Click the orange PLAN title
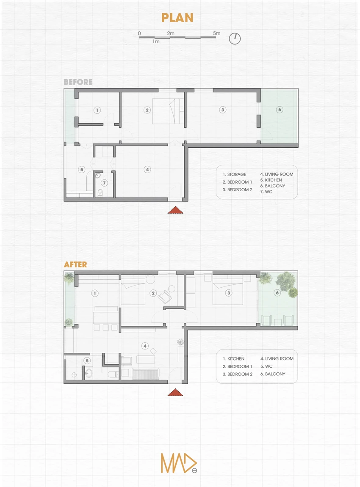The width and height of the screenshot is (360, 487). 177,18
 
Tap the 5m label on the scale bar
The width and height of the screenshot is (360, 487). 217,33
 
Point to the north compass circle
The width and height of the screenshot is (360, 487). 235,39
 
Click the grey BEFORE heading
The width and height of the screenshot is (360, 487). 78,82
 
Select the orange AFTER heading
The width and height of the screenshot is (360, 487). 75,264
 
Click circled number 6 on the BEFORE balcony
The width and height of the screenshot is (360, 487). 280,110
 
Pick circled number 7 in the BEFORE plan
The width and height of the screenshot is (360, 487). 104,183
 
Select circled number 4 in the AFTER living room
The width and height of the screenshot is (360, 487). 145,346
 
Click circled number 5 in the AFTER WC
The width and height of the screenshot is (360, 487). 87,360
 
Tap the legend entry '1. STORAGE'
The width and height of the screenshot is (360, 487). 234,174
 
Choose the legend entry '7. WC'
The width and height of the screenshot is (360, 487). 266,192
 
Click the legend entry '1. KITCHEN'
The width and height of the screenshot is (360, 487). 233,359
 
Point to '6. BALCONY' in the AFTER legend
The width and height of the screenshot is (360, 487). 273,374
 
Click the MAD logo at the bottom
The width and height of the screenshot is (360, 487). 179,463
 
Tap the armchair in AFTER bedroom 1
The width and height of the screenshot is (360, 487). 165,297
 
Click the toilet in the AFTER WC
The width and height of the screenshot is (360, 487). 113,374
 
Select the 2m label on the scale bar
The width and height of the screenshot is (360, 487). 171,33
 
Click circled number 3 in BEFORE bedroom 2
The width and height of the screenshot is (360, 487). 223,110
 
